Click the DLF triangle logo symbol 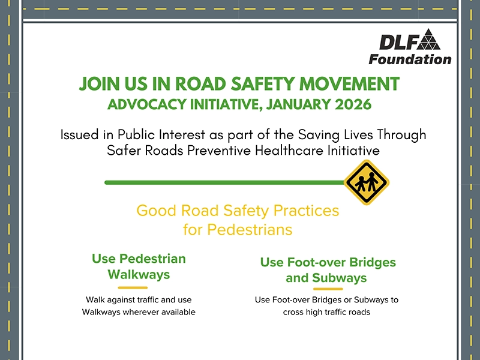click(x=428, y=40)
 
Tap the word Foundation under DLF click(x=410, y=59)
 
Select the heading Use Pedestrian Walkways click(x=139, y=266)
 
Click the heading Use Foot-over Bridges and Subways click(x=328, y=270)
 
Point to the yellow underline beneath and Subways click(x=328, y=289)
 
